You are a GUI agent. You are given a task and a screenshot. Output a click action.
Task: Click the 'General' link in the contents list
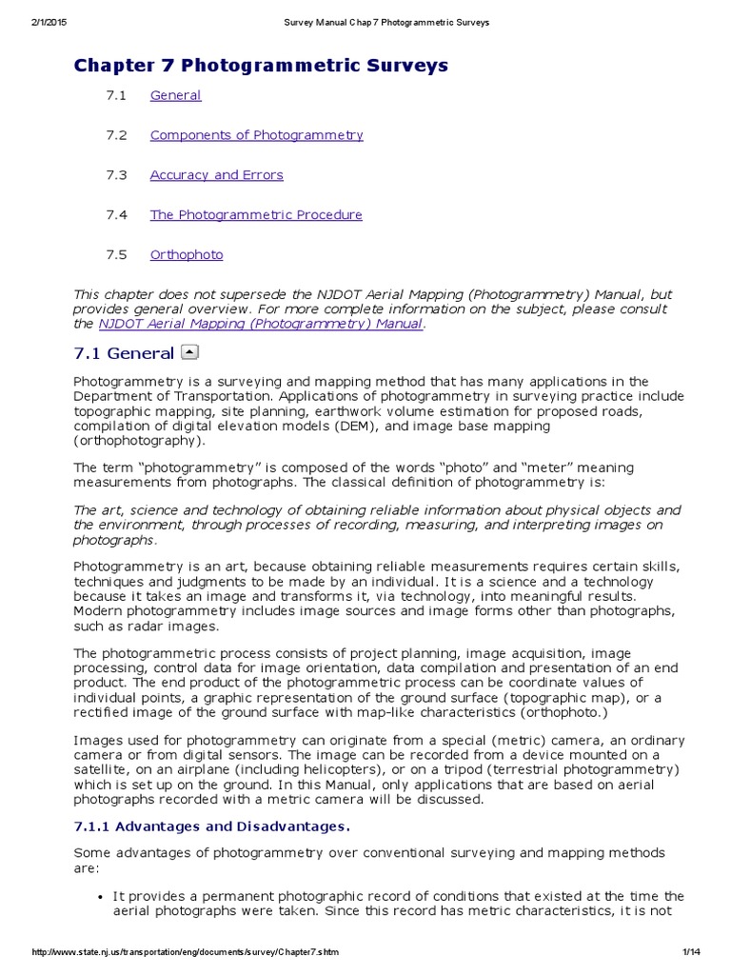(x=175, y=95)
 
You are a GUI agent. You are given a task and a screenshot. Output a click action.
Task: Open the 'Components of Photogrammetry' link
(x=256, y=135)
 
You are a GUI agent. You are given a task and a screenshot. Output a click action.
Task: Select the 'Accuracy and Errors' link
(x=216, y=175)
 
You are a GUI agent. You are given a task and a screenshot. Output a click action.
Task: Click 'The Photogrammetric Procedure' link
(x=256, y=215)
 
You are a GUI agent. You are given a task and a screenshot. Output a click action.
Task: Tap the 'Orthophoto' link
(x=187, y=255)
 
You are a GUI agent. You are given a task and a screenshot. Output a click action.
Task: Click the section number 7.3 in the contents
(x=117, y=175)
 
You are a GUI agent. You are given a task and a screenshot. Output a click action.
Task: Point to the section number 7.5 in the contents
(x=117, y=255)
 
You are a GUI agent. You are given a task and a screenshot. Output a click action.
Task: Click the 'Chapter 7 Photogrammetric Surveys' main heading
(x=261, y=66)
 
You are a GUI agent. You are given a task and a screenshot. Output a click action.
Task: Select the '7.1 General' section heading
(x=124, y=354)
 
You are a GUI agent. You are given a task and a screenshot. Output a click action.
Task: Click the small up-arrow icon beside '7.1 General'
(x=189, y=353)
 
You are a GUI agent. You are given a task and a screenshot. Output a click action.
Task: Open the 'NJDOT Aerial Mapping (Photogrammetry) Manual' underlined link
(x=259, y=324)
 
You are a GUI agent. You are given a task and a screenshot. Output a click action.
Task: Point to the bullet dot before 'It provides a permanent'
(x=101, y=898)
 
